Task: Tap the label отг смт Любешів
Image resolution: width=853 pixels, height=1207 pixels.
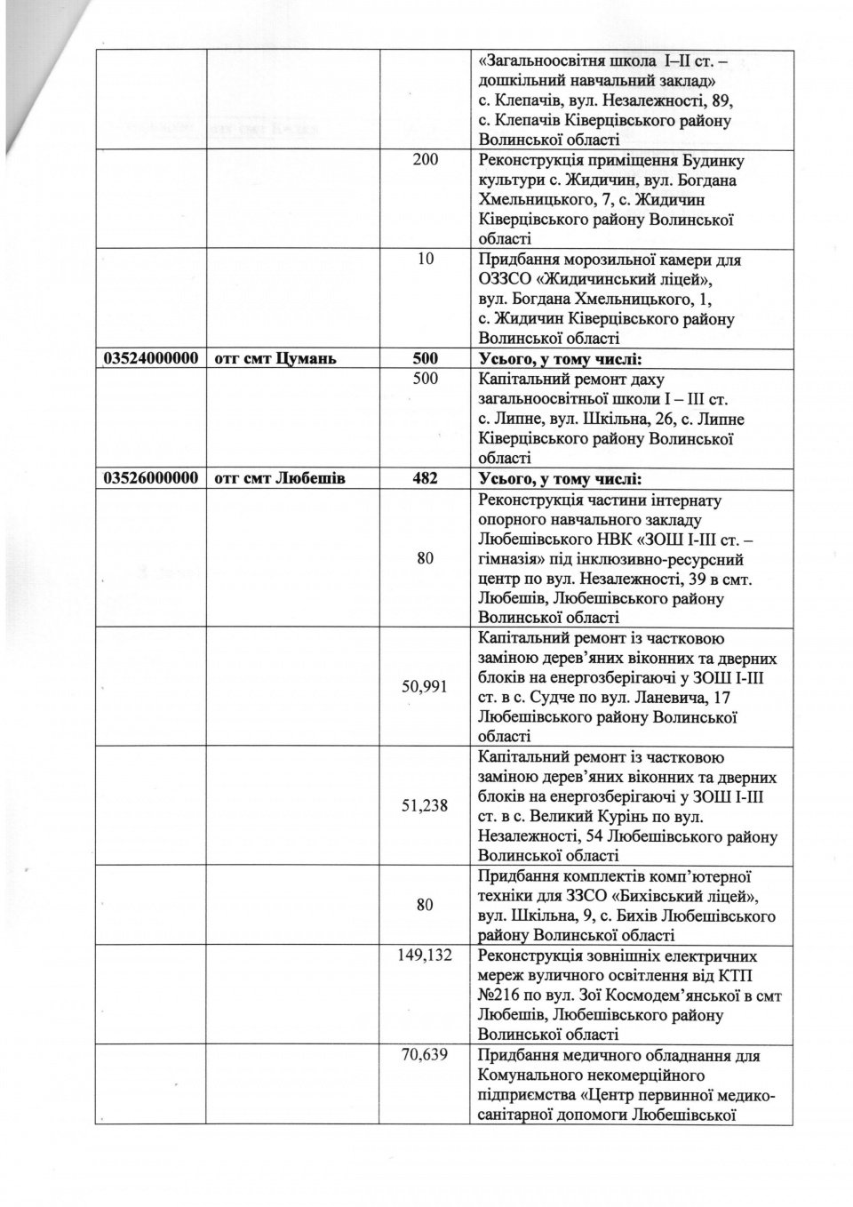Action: [x=280, y=478]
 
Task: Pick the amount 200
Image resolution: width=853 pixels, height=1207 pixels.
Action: [x=426, y=161]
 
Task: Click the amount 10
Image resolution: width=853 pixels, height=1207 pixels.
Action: [x=426, y=260]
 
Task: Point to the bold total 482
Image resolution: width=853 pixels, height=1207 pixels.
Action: [x=426, y=478]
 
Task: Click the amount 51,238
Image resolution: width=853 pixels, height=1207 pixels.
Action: [x=426, y=805]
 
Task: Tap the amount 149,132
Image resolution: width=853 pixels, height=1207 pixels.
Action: [x=426, y=955]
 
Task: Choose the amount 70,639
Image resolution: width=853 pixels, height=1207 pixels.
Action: [x=426, y=1055]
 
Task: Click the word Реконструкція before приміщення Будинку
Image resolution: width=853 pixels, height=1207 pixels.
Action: [x=530, y=161]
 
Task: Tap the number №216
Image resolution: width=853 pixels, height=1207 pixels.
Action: [x=501, y=995]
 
